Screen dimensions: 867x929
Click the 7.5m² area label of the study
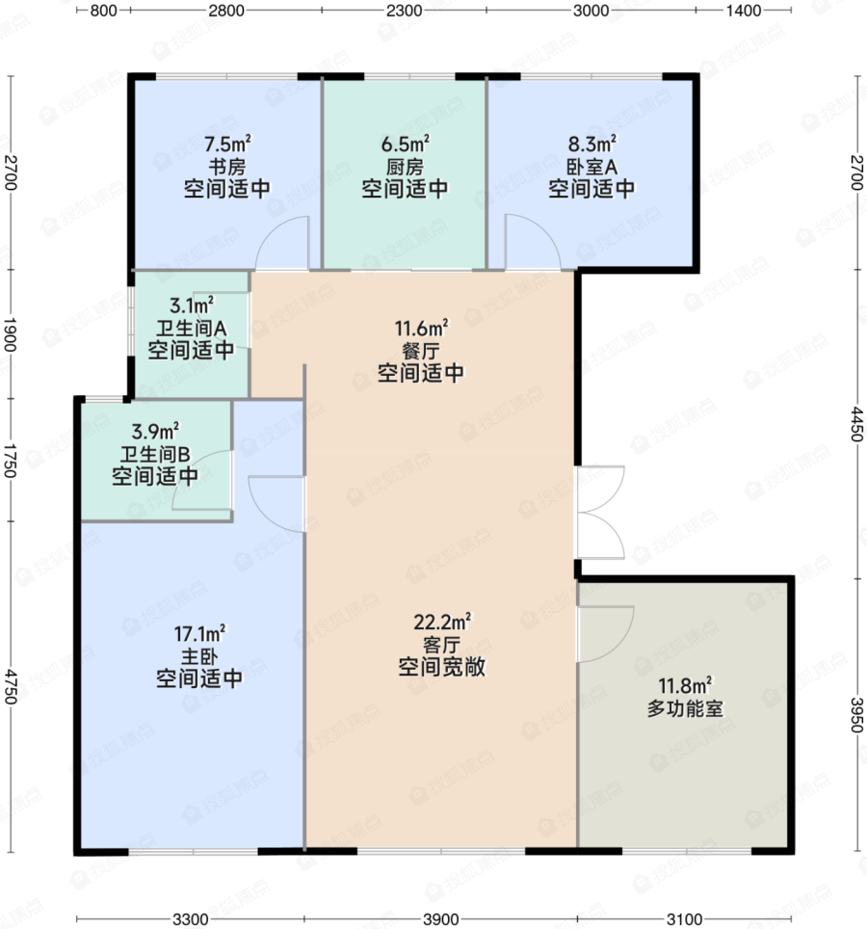(x=227, y=144)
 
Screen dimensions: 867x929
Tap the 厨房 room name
(x=405, y=167)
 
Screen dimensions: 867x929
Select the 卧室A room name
(x=591, y=167)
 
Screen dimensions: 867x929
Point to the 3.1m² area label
(x=192, y=305)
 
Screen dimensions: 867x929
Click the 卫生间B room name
(x=155, y=454)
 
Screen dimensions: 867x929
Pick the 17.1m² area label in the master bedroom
(x=199, y=634)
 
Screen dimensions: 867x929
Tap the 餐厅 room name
(x=421, y=351)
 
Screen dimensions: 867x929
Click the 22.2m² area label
(x=442, y=623)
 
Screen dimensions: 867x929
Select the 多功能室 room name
(x=685, y=708)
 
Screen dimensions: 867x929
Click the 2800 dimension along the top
(x=226, y=11)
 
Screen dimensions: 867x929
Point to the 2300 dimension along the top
(x=405, y=11)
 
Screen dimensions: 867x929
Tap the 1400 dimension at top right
(x=744, y=11)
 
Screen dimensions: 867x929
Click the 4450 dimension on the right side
(x=857, y=424)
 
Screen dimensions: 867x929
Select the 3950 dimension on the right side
(x=857, y=714)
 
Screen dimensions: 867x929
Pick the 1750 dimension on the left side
(x=10, y=460)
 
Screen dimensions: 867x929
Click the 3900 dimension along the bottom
(x=441, y=919)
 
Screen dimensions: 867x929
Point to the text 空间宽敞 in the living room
(x=442, y=667)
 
